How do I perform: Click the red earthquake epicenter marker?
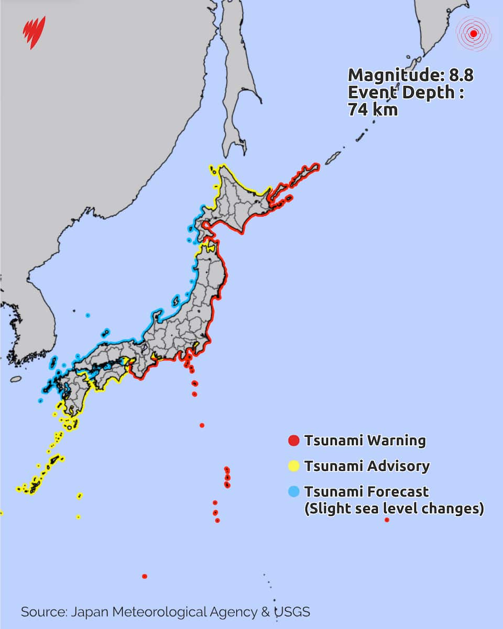(474, 34)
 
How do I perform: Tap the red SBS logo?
(35, 32)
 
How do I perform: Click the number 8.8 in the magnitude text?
(461, 75)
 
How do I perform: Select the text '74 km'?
(373, 110)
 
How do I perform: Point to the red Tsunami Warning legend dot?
(294, 441)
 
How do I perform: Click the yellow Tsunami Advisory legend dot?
(294, 466)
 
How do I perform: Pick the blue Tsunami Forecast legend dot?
(294, 492)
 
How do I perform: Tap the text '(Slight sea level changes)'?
(393, 508)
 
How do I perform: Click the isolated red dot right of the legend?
(387, 520)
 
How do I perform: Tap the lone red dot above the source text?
(145, 576)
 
